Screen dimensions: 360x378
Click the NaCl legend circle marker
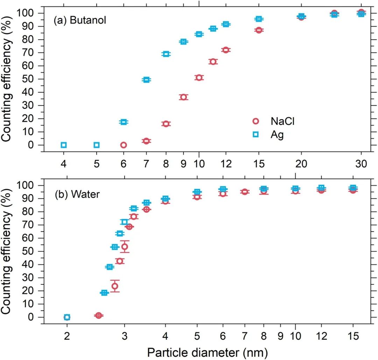tap(255, 121)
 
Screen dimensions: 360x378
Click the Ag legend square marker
tap(255, 135)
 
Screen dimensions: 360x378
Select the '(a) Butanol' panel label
tap(79, 20)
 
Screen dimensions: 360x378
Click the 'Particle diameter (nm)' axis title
tap(207, 351)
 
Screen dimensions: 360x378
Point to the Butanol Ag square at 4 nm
tap(64, 145)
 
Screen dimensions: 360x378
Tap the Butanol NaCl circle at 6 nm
tap(123, 145)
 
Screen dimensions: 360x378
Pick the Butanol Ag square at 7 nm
tap(146, 80)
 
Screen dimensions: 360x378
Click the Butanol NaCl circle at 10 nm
tap(199, 78)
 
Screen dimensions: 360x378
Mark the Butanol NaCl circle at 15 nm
tap(259, 30)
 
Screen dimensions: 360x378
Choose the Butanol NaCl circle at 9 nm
tap(183, 97)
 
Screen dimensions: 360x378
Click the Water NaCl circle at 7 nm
tap(245, 192)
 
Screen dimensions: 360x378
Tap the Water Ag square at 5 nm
tap(197, 192)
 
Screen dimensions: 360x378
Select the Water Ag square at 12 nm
tap(321, 188)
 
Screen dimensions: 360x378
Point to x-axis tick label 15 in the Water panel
tap(353, 335)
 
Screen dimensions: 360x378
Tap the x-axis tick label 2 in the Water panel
tap(67, 335)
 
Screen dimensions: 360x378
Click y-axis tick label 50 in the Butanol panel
tap(30, 79)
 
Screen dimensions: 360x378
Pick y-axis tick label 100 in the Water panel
tap(28, 185)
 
